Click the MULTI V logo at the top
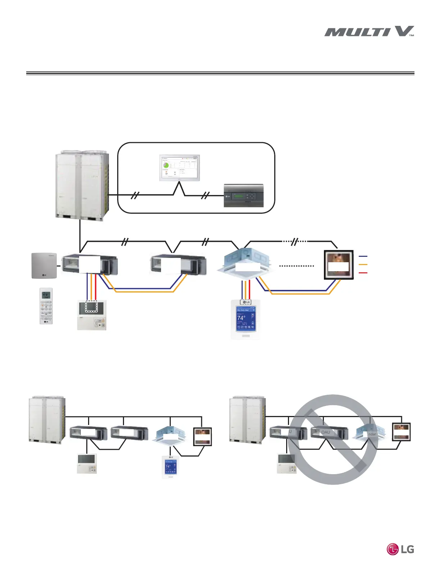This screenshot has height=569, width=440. [x=369, y=32]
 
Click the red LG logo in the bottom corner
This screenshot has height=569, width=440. [x=400, y=549]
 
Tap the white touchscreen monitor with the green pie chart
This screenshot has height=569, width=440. [x=179, y=168]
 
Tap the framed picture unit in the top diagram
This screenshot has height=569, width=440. [x=339, y=265]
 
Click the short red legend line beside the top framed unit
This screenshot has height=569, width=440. [x=363, y=273]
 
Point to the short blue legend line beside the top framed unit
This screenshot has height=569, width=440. [x=363, y=256]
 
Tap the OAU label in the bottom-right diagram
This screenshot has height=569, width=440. [x=326, y=432]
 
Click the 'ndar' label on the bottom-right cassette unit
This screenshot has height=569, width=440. [x=372, y=434]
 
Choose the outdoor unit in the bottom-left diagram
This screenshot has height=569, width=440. [x=47, y=418]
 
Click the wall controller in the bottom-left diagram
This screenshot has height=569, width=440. [x=87, y=463]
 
